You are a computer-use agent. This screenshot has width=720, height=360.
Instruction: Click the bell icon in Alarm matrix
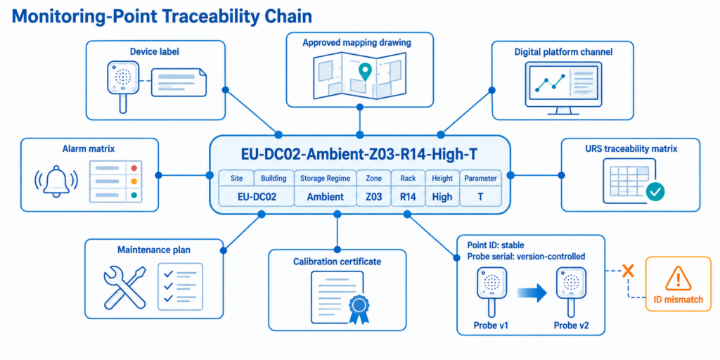[56, 182]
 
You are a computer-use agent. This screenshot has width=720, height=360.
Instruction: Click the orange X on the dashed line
[628, 271]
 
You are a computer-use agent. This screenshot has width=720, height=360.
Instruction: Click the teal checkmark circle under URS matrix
[655, 193]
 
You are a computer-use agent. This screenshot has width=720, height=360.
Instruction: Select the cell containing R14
[408, 197]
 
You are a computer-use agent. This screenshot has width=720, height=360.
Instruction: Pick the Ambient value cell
[325, 197]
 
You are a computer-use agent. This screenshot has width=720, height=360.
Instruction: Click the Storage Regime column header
[325, 178]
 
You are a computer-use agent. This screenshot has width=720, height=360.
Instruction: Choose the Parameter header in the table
[480, 178]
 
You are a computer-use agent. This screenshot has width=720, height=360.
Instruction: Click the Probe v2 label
[571, 326]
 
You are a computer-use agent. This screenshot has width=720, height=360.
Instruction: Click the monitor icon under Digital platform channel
[562, 87]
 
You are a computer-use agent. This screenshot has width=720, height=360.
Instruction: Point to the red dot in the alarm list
[134, 169]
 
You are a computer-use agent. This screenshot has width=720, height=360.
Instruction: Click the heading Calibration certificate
[337, 262]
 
